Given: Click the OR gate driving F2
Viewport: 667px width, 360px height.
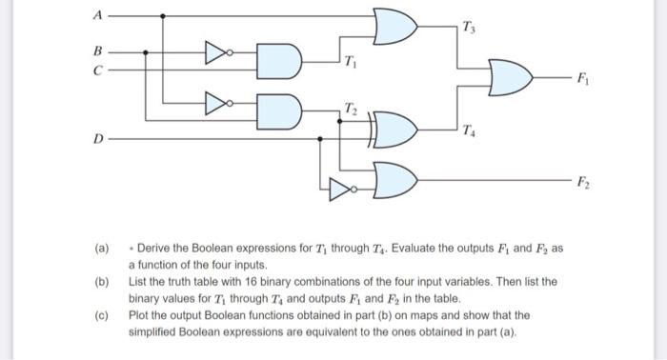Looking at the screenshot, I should pyautogui.click(x=394, y=178).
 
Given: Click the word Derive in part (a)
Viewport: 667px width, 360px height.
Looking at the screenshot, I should pyautogui.click(x=156, y=246).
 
